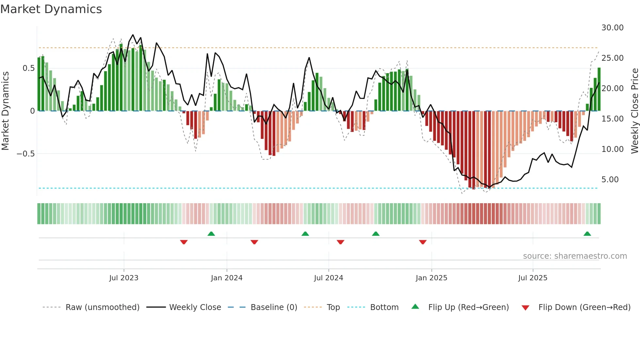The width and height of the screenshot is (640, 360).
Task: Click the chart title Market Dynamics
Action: click(51, 9)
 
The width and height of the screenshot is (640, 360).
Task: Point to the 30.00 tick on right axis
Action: click(612, 28)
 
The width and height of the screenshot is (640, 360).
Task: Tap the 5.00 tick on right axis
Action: click(610, 180)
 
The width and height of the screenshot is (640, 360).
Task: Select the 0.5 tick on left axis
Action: click(28, 68)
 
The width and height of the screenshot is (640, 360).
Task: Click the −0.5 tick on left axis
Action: click(25, 154)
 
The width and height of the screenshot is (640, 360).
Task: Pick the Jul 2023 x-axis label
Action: click(124, 278)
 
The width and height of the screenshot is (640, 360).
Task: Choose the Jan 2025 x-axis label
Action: click(431, 278)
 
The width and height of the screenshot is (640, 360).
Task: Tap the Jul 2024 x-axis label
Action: click(328, 278)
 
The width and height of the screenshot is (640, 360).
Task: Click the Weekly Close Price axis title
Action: click(634, 111)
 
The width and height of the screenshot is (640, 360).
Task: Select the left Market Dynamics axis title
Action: click(5, 111)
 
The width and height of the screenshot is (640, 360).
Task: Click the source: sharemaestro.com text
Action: click(575, 256)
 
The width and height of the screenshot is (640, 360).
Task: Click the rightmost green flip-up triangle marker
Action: click(587, 234)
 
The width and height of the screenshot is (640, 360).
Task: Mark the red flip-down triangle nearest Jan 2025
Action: click(423, 242)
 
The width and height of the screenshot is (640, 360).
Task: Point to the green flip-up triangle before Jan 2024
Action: click(211, 234)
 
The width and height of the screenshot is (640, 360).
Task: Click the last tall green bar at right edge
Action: click(599, 89)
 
